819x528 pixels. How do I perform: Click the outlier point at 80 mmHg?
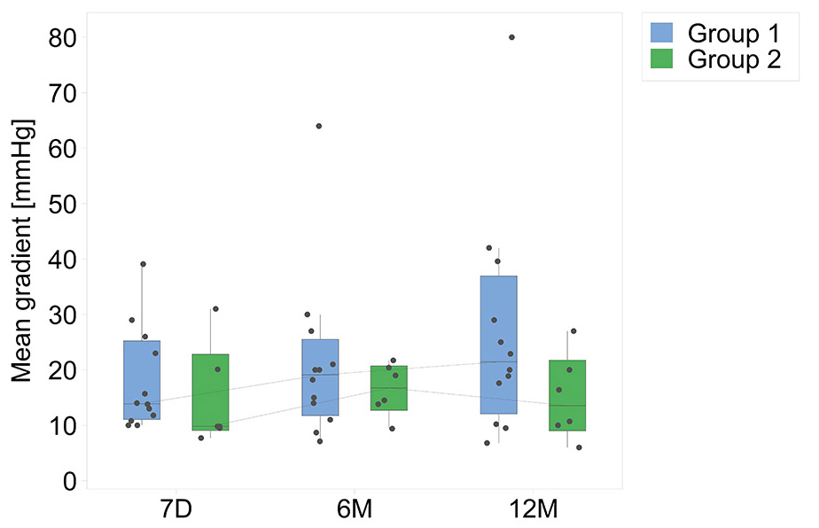[x=511, y=37]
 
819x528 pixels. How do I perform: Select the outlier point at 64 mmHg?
[x=318, y=126]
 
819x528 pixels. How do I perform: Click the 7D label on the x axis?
[x=175, y=511]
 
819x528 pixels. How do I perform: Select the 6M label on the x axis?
[x=354, y=511]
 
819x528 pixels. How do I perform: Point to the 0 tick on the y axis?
[x=69, y=481]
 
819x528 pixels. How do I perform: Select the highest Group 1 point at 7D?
[x=143, y=264]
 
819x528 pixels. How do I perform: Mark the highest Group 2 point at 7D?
[x=215, y=309]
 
